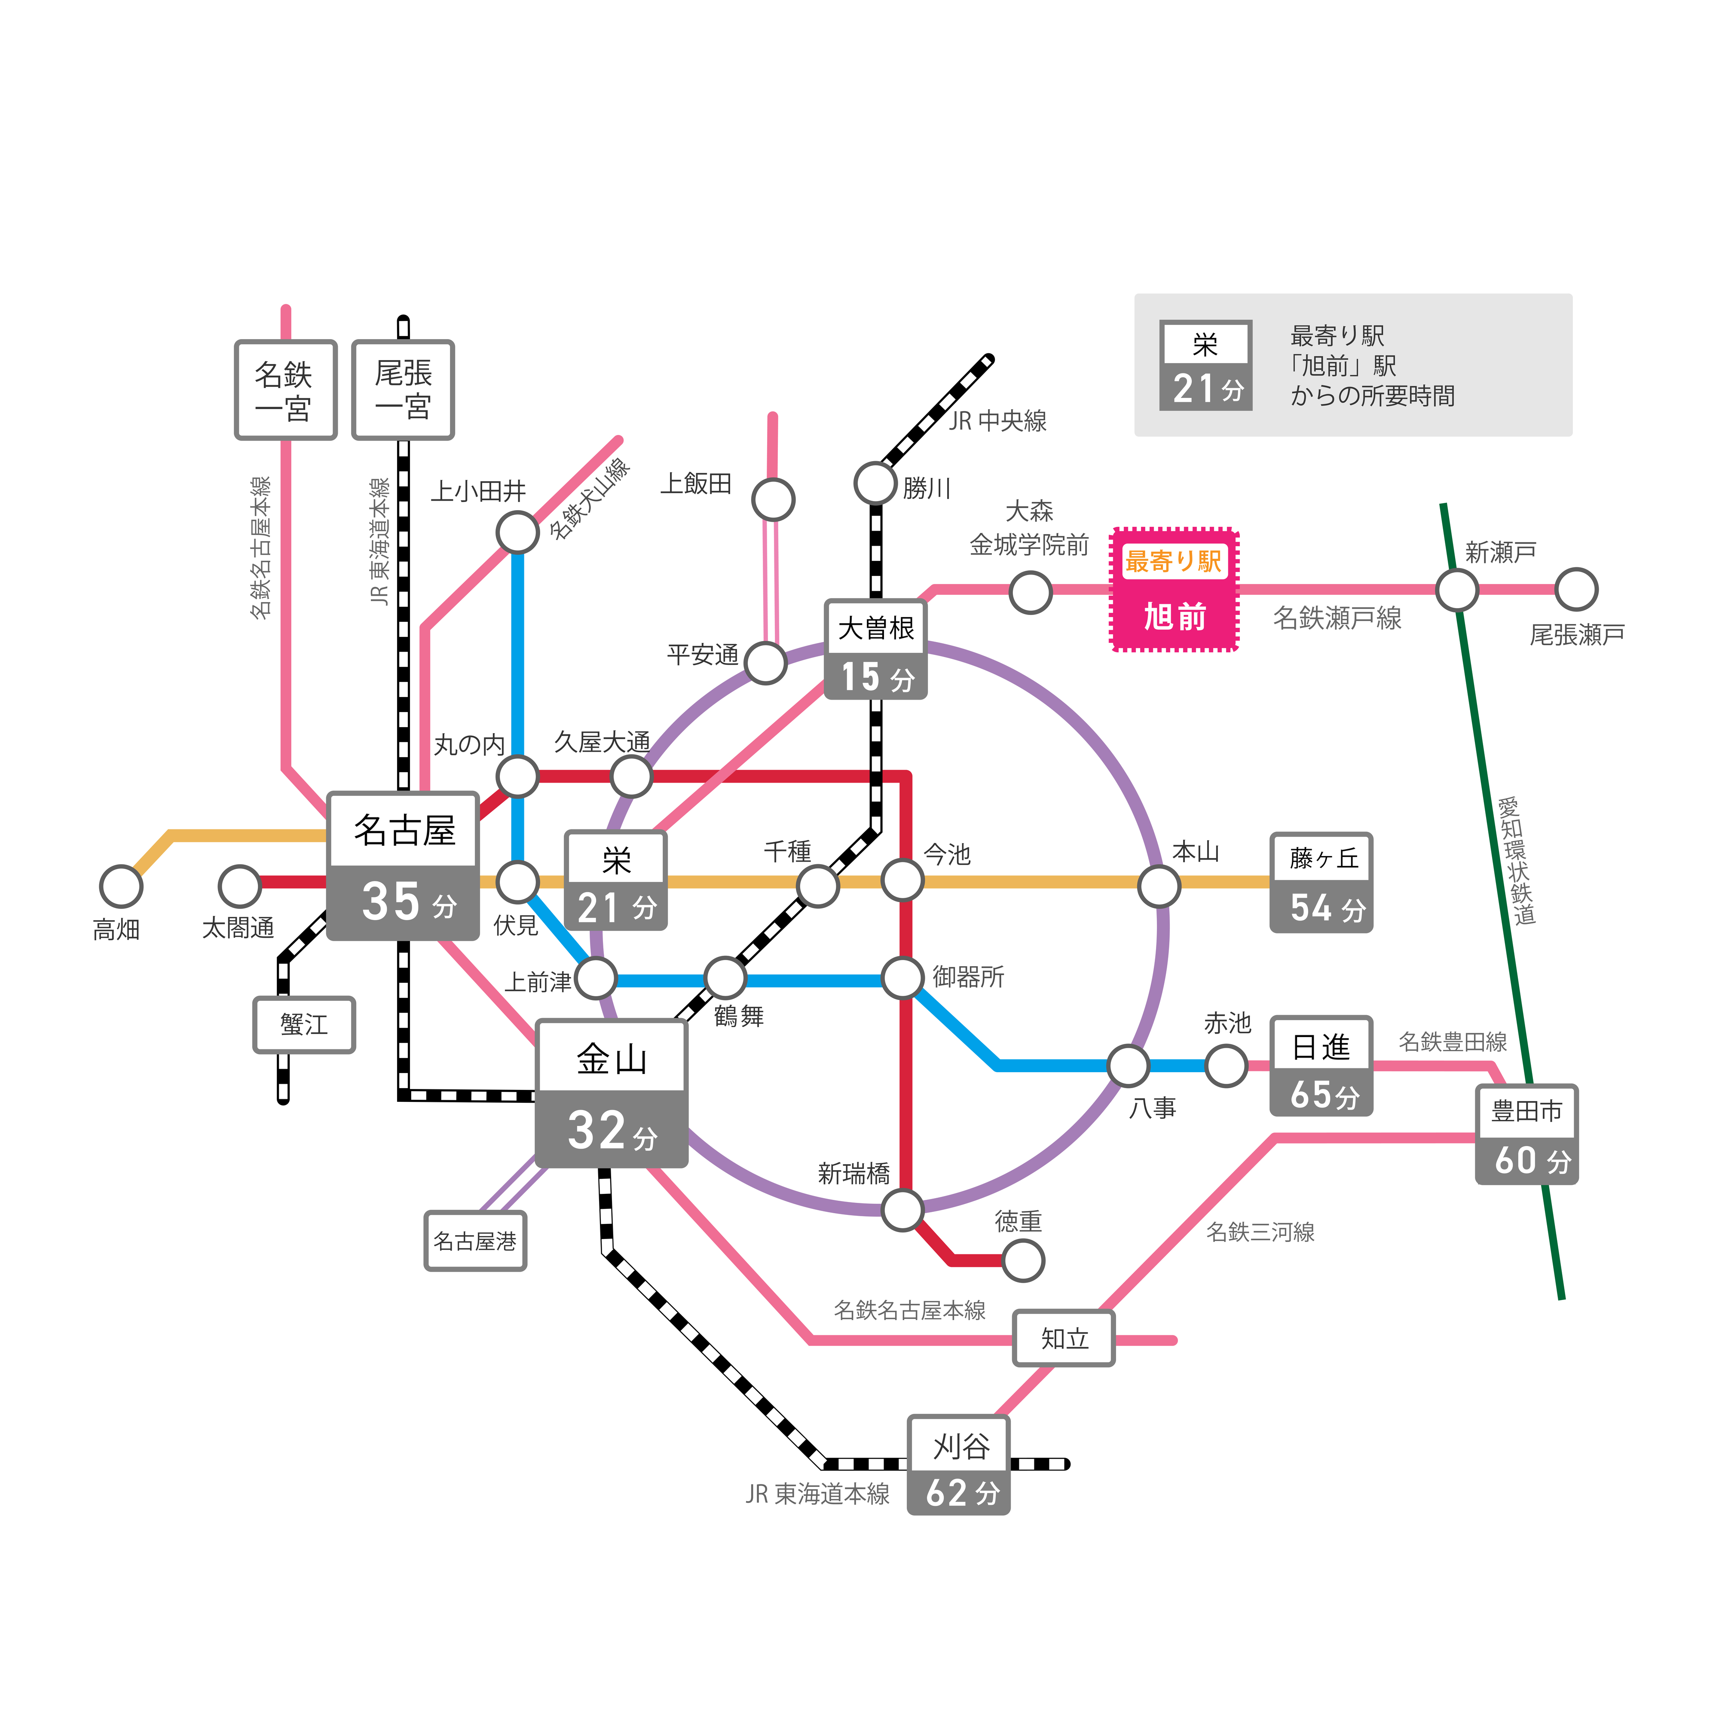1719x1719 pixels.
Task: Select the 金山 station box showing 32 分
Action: pos(611,1094)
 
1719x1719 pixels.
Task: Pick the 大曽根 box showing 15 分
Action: pos(875,649)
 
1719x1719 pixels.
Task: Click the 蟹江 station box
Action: pos(304,1025)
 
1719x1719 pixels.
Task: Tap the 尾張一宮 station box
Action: pos(403,390)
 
